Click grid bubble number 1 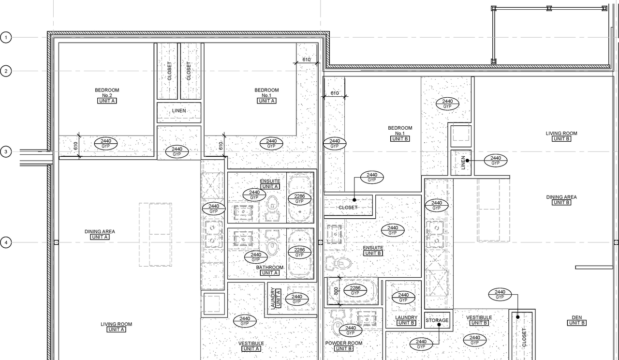[x=6, y=37]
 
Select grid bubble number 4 [x=6, y=242]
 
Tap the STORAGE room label [x=437, y=320]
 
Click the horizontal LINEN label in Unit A [x=179, y=111]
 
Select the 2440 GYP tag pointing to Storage [x=421, y=344]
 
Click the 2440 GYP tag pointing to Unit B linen [x=495, y=160]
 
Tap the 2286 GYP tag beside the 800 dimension [x=355, y=290]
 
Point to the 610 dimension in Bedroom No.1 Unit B [x=335, y=93]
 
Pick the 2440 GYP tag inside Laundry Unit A [x=296, y=299]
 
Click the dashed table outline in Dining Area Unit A [x=155, y=234]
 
